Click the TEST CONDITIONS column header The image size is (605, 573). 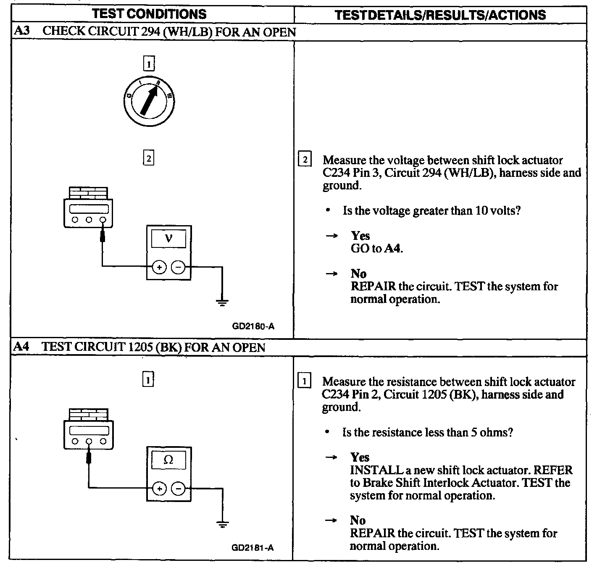tap(150, 14)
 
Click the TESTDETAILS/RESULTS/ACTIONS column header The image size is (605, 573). tap(440, 15)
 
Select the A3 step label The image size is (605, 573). tap(21, 32)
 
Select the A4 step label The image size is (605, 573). tap(21, 347)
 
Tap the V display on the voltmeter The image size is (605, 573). tap(168, 239)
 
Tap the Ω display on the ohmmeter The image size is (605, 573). tap(168, 460)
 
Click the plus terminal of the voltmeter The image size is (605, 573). tap(159, 267)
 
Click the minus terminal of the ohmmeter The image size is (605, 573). tap(179, 489)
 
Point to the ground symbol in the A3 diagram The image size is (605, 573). tap(222, 302)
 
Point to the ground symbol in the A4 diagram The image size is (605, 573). tap(222, 523)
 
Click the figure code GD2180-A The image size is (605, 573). tap(253, 326)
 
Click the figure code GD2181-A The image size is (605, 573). tap(253, 547)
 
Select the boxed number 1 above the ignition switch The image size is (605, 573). tap(149, 64)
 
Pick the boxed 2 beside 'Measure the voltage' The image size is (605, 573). tap(305, 160)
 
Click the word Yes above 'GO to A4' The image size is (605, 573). tap(360, 236)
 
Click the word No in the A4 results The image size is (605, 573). tap(358, 520)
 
